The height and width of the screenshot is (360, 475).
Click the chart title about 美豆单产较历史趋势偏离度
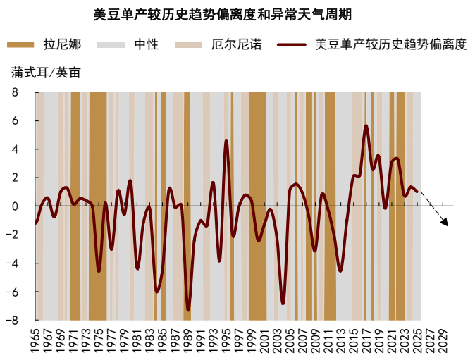[x=223, y=15]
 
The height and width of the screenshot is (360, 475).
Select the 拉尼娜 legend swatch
[x=20, y=45]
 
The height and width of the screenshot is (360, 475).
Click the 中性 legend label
[x=146, y=45]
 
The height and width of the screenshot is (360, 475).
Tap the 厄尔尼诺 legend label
[x=236, y=45]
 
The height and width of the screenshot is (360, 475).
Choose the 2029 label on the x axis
[x=443, y=337]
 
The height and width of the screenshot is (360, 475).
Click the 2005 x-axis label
[x=290, y=337]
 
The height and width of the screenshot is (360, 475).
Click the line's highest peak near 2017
[x=366, y=126]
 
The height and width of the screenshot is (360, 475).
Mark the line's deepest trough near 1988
[x=188, y=309]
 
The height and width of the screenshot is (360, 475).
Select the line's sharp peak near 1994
[x=226, y=141]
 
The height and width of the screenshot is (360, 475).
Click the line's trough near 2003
[x=283, y=303]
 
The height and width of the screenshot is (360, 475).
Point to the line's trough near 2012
[x=340, y=271]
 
